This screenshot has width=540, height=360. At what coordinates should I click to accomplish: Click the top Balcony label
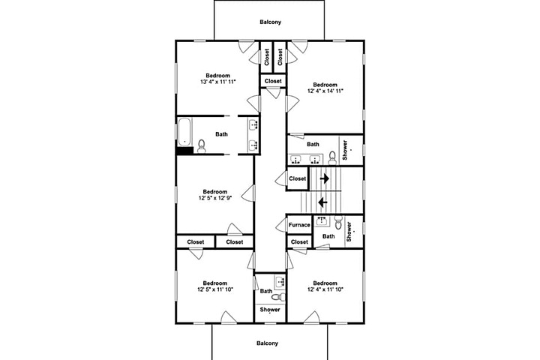pos(270,22)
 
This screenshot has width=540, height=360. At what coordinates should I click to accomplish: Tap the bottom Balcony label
pos(267,343)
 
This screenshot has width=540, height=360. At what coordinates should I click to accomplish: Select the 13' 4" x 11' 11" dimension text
pos(218,82)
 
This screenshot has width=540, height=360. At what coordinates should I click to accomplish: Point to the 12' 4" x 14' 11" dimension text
pos(325,91)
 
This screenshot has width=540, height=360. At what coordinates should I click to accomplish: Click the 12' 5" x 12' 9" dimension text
pos(215,198)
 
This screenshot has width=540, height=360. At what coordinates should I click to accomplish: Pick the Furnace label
pos(299,225)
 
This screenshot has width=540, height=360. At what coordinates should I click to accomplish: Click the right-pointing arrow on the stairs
pos(325,178)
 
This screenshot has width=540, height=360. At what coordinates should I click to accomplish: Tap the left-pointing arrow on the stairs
pos(322,202)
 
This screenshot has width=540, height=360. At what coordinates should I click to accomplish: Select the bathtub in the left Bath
pos(184,132)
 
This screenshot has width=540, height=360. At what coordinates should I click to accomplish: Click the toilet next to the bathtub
pos(202,146)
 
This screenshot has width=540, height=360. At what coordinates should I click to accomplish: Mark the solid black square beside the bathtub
pos(184,151)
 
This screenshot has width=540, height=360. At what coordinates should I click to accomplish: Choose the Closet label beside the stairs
pos(298,178)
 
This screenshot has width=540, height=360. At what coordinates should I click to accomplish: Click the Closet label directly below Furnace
pos(299,242)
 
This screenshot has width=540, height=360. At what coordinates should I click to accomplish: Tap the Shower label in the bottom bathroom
pos(270,310)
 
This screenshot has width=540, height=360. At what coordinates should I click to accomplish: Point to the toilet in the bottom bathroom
pos(278,296)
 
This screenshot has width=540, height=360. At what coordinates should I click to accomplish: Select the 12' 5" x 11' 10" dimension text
pos(215,289)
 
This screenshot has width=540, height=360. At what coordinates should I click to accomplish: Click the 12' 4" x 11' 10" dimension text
pos(325,289)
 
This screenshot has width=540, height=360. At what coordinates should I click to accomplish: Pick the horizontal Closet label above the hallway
pos(273,81)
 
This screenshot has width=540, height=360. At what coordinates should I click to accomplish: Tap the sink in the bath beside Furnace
pos(322,220)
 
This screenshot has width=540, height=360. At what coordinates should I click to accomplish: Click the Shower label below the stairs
pos(349,232)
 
